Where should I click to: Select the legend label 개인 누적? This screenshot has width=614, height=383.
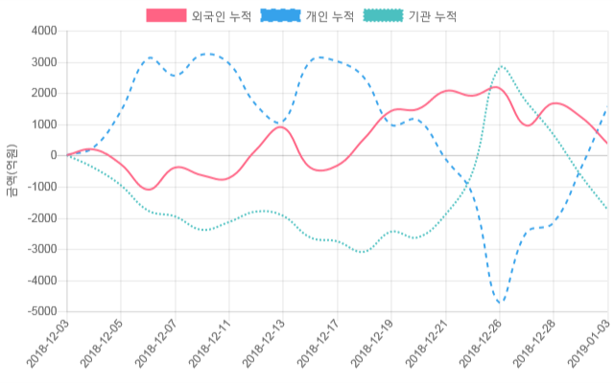(330, 16)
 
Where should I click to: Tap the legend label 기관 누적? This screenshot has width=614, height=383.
(433, 16)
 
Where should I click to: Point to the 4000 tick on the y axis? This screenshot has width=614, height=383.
(42, 32)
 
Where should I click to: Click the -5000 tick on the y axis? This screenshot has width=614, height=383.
(40, 312)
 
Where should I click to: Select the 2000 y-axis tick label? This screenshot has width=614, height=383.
(42, 94)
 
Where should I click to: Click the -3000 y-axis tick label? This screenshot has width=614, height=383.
(40, 250)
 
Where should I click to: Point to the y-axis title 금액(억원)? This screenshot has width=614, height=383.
(11, 171)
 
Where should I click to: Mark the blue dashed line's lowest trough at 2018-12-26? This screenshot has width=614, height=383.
(500, 304)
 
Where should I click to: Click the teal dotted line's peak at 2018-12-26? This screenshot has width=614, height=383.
(501, 67)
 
